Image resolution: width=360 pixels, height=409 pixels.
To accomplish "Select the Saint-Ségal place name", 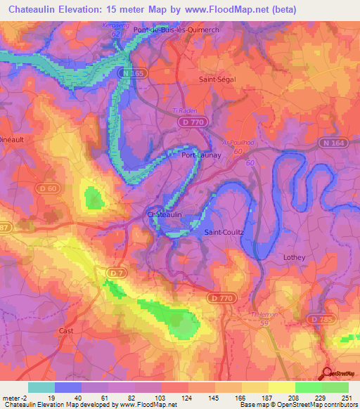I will (x=217, y=79).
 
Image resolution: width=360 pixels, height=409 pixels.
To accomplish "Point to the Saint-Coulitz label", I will (x=224, y=231).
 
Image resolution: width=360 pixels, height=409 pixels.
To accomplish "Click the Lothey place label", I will (x=294, y=257).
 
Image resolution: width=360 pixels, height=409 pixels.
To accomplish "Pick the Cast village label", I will (x=67, y=330).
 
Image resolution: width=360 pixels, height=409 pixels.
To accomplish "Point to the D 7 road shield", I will (x=116, y=271).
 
